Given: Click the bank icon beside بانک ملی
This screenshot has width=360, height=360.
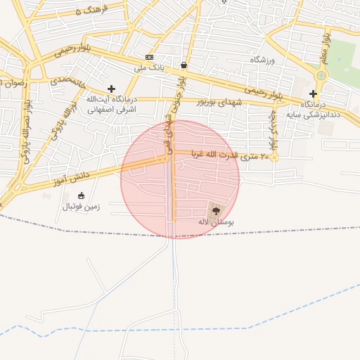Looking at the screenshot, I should pyautogui.click(x=149, y=57).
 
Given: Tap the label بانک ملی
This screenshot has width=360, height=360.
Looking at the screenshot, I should pyautogui.click(x=149, y=68).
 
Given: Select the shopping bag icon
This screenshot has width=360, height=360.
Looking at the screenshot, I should pyautogui.click(x=184, y=65).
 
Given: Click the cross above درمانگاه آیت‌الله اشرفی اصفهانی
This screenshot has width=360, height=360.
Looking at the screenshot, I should pyautogui.click(x=111, y=89).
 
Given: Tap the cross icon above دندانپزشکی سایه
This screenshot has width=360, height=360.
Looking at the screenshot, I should pyautogui.click(x=313, y=94).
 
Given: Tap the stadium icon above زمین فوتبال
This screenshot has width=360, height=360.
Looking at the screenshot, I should pyautogui.click(x=81, y=195).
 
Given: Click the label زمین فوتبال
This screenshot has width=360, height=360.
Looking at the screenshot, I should pyautogui.click(x=82, y=207).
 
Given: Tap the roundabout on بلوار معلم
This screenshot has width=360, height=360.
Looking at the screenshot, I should pyautogui.click(x=321, y=75).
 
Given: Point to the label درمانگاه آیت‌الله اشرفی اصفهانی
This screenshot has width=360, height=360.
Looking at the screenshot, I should pyautogui.click(x=111, y=104).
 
